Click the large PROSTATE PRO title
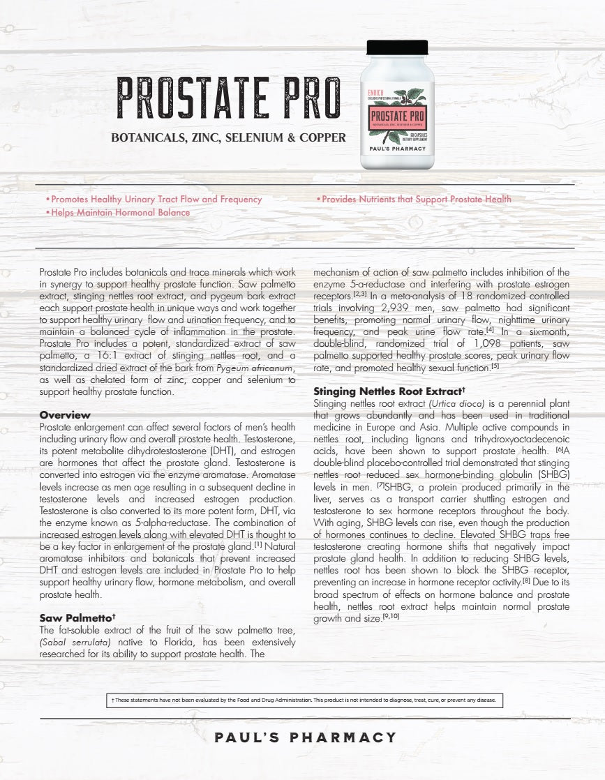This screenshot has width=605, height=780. (229, 98)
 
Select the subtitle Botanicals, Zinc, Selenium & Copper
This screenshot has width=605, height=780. (228, 137)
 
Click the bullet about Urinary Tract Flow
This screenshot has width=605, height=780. (154, 199)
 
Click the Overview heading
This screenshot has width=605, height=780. (65, 415)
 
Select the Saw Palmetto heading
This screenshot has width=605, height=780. (77, 617)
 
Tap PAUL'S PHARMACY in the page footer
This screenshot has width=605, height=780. (305, 737)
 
